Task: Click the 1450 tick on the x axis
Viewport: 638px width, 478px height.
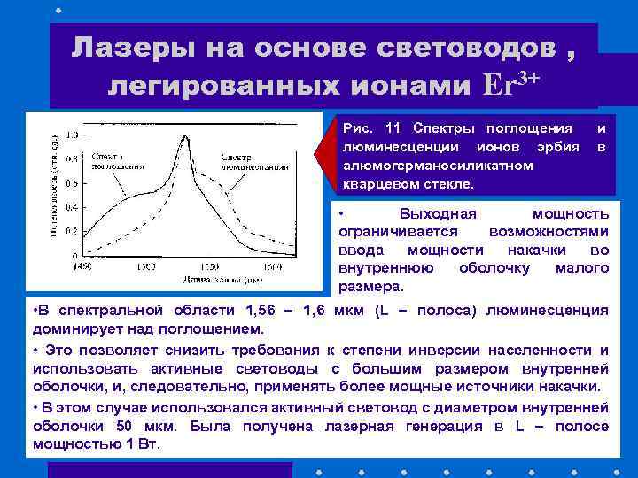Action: pos(82,266)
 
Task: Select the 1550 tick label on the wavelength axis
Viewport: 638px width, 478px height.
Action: pos(210,266)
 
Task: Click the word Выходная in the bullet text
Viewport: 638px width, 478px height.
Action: pos(438,214)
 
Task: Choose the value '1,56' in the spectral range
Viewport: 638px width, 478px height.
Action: pos(269,310)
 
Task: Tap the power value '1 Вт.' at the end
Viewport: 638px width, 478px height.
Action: pos(141,443)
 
